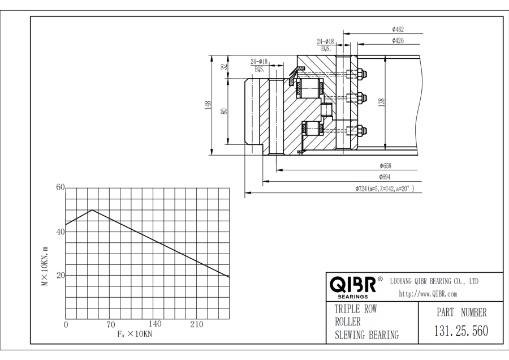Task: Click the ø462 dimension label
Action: click(398, 29)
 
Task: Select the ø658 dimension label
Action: click(385, 166)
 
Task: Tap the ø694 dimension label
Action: click(385, 177)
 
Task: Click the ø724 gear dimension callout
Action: click(384, 188)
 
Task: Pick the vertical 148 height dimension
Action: click(208, 105)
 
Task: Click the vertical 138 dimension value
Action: click(382, 102)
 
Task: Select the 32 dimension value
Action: click(225, 67)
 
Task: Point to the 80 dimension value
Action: click(225, 112)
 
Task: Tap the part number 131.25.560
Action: click(460, 331)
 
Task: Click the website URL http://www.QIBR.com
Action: click(428, 293)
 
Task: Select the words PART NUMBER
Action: click(461, 312)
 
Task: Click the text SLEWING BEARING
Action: click(366, 335)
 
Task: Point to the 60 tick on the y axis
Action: click(61, 187)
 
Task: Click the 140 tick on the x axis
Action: click(154, 324)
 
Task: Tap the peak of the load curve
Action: click(92, 210)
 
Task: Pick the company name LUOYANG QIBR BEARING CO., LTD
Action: click(435, 281)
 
